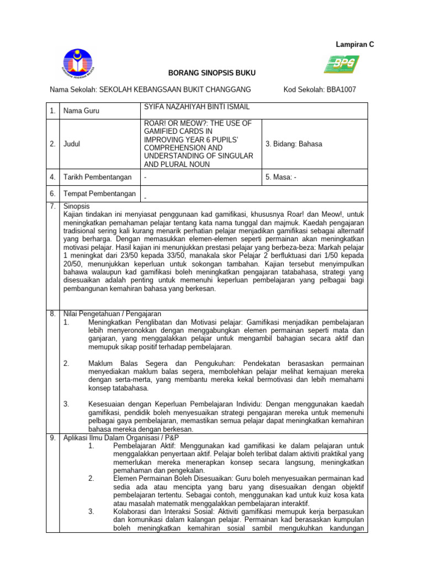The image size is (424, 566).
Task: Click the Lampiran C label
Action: coord(355,44)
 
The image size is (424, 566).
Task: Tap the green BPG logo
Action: coord(341,64)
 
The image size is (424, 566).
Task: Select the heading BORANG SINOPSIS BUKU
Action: coord(204,74)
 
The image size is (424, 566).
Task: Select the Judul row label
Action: coord(72,144)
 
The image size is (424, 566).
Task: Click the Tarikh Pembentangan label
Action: coord(98,177)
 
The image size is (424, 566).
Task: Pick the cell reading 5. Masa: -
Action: coord(281,177)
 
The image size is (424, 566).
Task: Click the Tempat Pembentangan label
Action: coord(99,193)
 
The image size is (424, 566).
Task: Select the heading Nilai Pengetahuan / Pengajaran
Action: coord(112,313)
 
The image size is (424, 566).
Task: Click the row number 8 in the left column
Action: coord(52,313)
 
